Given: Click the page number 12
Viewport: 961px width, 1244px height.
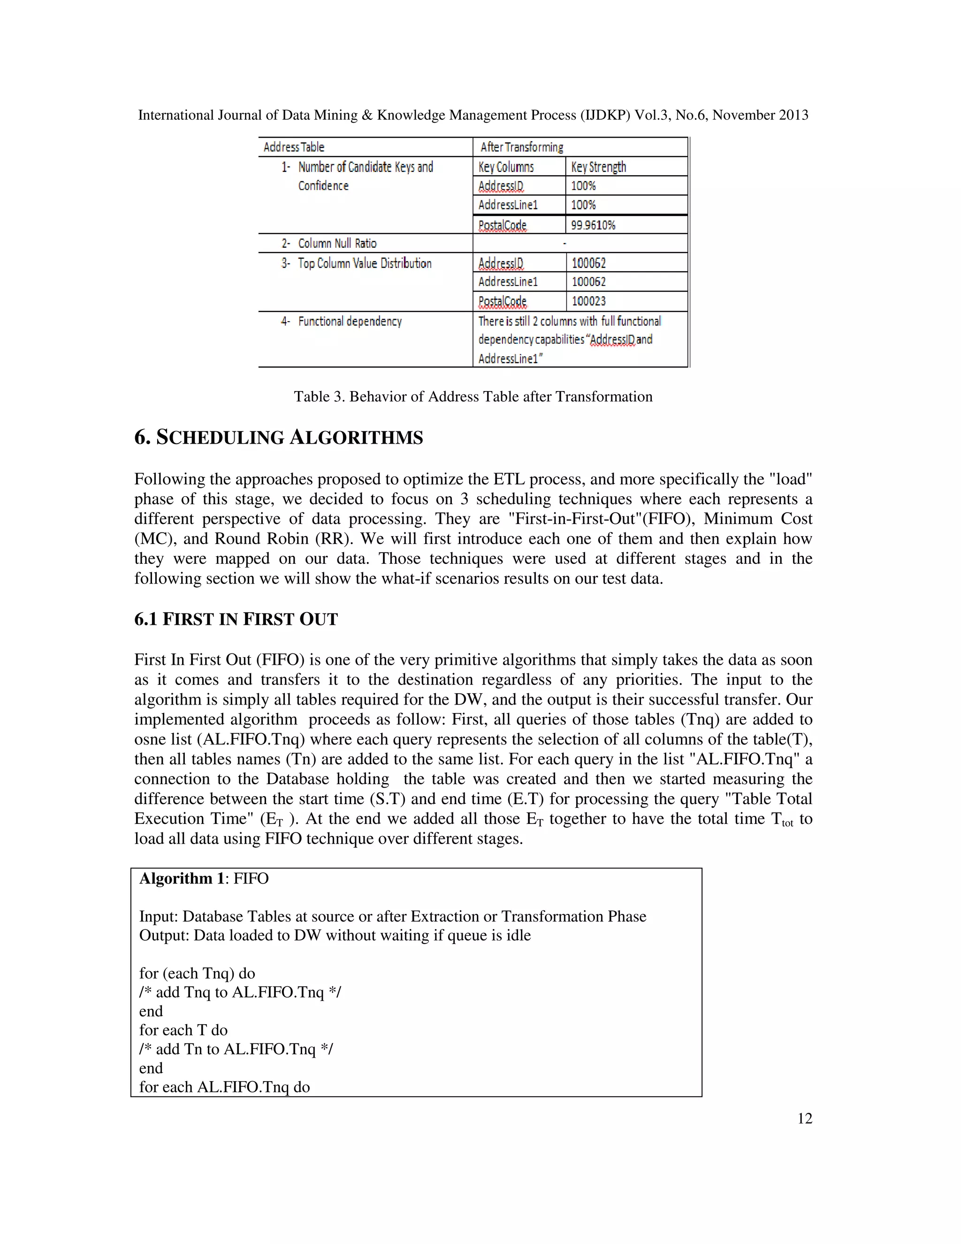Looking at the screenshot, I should click(x=804, y=1119).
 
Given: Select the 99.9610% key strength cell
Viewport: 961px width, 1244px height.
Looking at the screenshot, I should click(x=593, y=225).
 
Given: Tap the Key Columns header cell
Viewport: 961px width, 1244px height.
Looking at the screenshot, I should click(x=506, y=167).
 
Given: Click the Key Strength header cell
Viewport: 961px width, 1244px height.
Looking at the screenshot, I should click(x=598, y=167).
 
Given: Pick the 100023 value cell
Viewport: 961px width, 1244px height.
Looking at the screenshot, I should click(x=589, y=301).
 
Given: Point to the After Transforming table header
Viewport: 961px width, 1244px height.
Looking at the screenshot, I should click(x=521, y=147).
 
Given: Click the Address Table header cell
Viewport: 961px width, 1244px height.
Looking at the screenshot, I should click(x=294, y=147).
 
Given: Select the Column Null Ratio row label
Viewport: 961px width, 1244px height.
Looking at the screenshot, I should click(x=337, y=243).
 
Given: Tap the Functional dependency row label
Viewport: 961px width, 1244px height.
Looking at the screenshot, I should click(x=350, y=321).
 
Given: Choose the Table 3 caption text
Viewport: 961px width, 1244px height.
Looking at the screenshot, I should click(x=473, y=397).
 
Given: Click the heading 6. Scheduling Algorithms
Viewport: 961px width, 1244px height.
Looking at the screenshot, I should click(x=278, y=438).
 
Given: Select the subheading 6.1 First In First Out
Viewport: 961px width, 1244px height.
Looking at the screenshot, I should click(x=236, y=619).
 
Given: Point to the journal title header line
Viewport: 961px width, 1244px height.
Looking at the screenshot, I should click(x=473, y=115).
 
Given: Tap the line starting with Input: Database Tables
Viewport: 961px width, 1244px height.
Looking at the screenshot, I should click(x=392, y=916).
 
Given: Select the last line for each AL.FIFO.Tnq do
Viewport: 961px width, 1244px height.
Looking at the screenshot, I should click(x=224, y=1087).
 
